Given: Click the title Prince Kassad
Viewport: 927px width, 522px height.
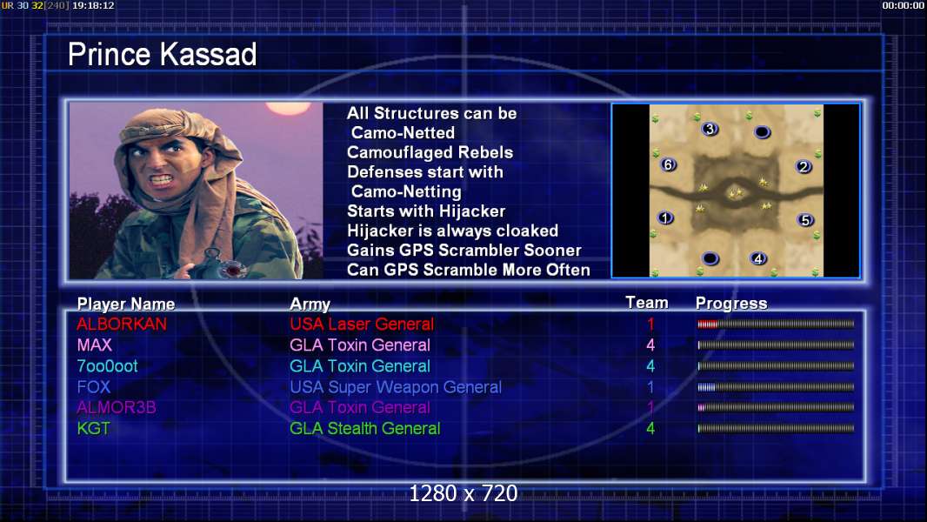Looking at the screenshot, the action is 162,55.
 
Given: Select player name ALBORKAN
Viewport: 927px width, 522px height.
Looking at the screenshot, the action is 122,324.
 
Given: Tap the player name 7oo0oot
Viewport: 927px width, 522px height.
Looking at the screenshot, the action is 107,366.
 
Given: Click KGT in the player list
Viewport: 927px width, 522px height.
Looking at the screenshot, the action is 93,428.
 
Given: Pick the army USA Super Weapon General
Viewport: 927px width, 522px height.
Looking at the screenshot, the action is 396,387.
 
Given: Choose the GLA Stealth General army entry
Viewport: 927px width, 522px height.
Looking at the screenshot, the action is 364,428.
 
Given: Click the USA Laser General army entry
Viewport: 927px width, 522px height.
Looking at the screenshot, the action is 362,324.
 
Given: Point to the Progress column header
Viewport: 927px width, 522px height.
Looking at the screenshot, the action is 731,304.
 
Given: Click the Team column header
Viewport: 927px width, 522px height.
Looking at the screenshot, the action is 647,303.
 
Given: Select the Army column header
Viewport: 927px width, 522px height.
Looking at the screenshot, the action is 310,304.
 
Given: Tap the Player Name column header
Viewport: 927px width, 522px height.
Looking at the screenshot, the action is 126,304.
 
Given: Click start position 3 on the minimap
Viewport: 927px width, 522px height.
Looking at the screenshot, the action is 710,128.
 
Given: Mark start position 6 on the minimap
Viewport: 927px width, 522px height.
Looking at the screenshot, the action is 668,164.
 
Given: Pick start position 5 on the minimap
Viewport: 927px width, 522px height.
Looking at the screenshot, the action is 805,220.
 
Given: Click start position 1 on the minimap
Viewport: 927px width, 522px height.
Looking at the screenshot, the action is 665,217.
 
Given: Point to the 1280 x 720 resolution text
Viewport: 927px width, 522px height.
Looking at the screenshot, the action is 463,493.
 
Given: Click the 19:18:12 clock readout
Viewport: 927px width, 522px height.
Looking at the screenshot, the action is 93,5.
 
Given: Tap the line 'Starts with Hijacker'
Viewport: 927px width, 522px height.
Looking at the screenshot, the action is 426,211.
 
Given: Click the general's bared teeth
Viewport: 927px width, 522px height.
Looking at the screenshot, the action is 161,179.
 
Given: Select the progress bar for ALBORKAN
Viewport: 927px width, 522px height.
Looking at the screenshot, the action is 776,324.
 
